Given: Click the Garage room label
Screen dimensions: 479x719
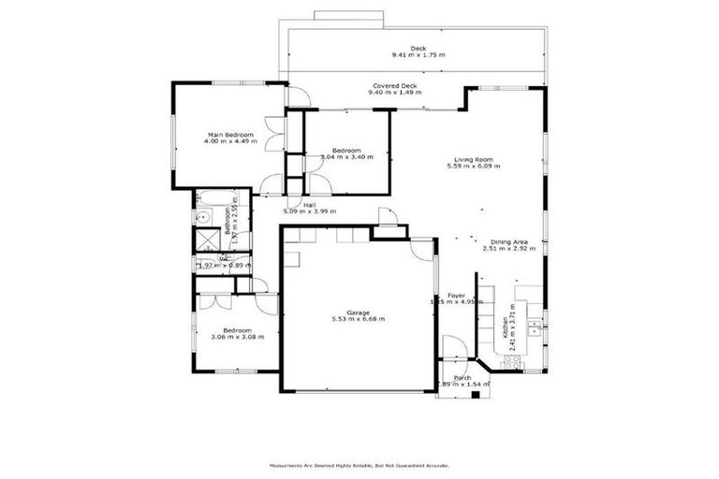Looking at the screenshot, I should [x=359, y=312].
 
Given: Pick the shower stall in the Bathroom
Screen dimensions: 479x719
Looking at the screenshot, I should [x=206, y=239].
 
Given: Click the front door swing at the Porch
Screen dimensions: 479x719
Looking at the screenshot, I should [x=454, y=347].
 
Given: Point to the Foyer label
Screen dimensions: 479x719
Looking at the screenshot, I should [x=457, y=296].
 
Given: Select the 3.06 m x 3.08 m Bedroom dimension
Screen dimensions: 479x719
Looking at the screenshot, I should [x=238, y=337].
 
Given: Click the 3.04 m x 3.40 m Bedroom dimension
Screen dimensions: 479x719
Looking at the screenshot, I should [x=346, y=157].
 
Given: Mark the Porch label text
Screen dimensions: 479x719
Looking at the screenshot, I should [x=462, y=378].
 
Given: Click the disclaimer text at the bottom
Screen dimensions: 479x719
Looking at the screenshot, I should [x=359, y=465].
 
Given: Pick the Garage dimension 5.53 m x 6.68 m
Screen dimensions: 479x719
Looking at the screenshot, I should [x=359, y=319].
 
